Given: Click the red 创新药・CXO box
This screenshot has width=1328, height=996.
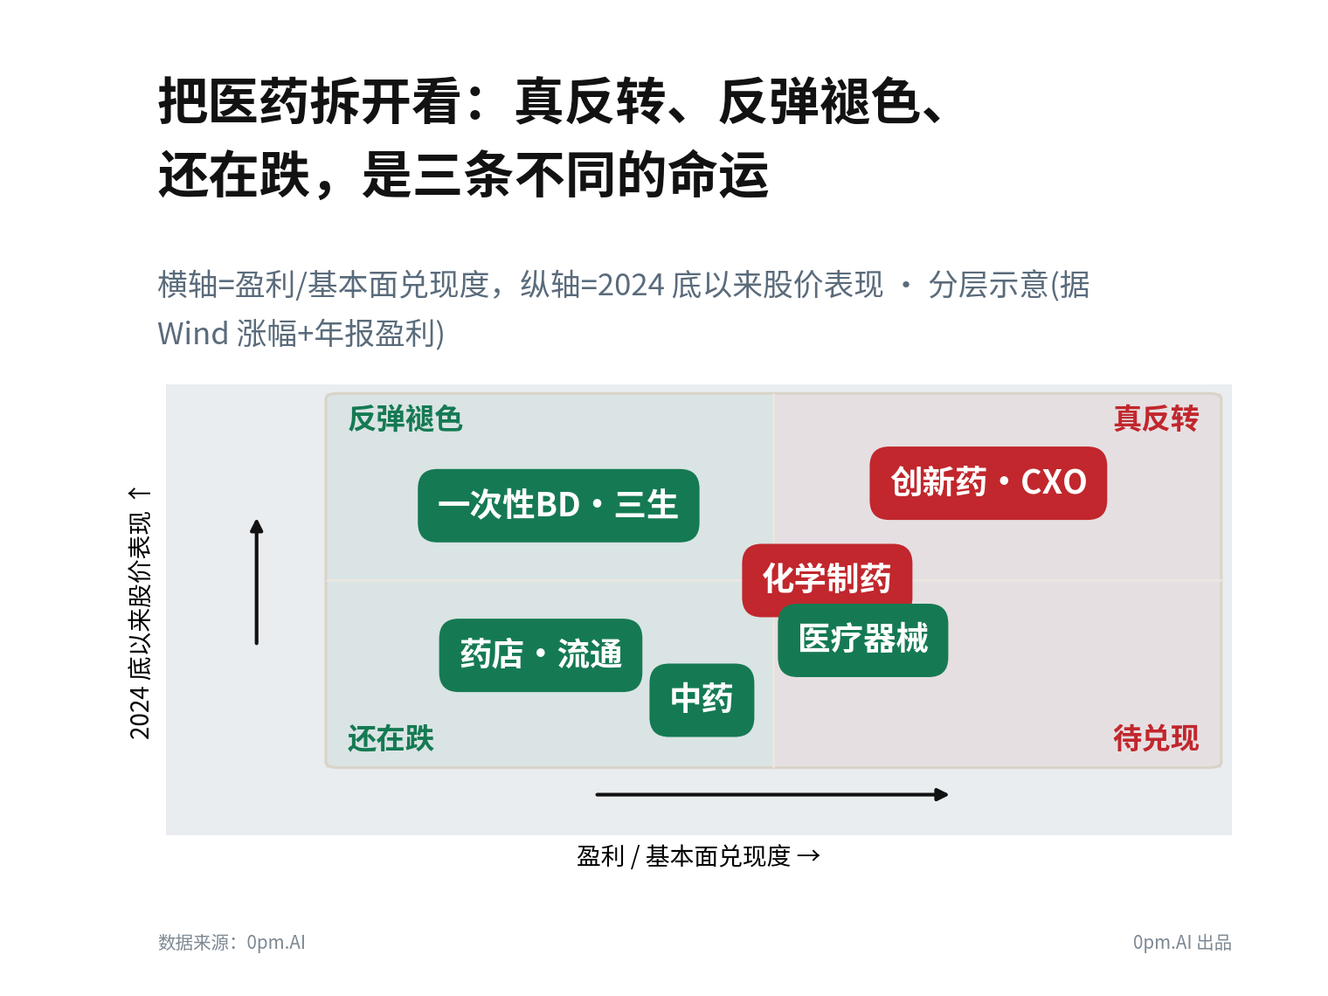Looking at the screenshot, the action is (988, 482).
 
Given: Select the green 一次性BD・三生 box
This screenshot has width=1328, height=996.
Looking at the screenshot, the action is (558, 505).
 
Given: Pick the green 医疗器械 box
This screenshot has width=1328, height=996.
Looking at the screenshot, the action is (862, 640).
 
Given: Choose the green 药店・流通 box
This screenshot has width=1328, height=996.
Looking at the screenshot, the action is (541, 655).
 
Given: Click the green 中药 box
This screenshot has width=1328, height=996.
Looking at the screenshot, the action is (702, 700).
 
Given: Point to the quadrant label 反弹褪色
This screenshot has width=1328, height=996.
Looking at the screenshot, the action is (405, 418).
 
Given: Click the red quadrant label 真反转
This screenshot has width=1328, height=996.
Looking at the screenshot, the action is (1156, 418).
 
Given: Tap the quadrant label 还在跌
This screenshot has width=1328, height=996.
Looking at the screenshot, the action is (391, 738).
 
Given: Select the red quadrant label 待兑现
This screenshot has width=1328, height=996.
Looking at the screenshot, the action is (1156, 738).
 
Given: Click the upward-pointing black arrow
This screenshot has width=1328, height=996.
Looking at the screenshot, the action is (257, 583).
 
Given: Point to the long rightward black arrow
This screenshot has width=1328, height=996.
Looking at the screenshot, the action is (771, 795).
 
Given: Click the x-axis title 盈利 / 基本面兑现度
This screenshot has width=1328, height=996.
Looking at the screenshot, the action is (684, 856).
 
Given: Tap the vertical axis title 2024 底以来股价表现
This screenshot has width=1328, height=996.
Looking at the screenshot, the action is (140, 626).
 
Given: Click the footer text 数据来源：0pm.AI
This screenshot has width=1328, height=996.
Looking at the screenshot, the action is (232, 942).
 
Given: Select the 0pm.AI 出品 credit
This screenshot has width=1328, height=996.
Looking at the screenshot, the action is (1182, 942).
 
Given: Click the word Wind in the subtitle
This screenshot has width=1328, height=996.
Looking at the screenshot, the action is (193, 333).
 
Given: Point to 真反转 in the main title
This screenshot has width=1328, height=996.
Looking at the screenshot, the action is (590, 101).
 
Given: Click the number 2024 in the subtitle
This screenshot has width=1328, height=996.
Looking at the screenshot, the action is (631, 285).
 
